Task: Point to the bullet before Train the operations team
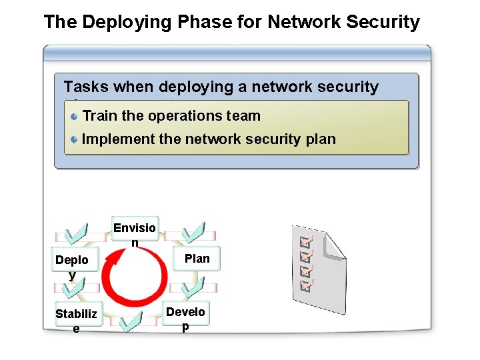[75, 116]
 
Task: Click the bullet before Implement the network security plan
[75, 139]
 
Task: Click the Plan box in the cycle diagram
[197, 259]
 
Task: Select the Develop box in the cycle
[185, 314]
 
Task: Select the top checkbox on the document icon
[307, 240]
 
